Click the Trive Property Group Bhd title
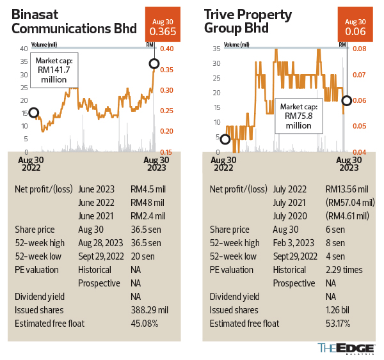248,21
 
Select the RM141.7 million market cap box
53,70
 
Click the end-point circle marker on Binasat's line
154,63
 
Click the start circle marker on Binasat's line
33,113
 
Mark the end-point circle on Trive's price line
346,100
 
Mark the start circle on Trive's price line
225,139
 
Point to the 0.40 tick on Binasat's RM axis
166,49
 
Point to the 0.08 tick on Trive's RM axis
358,49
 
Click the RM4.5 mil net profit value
148,190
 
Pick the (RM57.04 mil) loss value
349,203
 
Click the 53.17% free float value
339,324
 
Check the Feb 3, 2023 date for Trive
296,243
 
